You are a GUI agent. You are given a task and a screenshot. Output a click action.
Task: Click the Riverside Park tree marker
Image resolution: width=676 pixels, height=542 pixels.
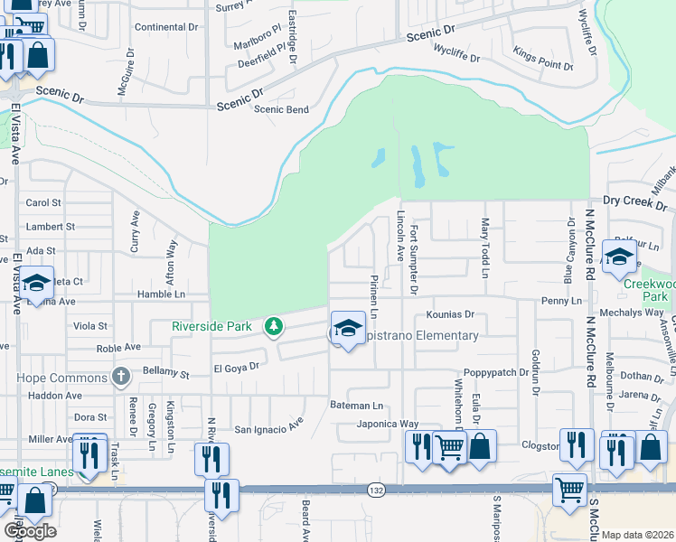271,326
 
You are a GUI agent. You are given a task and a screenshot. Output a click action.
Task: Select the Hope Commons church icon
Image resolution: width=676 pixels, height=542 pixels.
120,376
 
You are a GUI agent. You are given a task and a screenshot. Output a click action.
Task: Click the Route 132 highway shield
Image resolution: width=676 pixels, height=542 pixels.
376,489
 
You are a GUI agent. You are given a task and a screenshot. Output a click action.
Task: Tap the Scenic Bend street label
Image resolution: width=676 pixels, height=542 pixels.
281,109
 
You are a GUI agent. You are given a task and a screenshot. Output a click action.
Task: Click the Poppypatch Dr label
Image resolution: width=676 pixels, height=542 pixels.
495,373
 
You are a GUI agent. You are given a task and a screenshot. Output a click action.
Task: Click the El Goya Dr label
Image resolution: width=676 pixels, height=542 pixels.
236,368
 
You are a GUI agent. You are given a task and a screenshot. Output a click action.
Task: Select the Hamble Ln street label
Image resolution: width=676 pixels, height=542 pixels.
161,294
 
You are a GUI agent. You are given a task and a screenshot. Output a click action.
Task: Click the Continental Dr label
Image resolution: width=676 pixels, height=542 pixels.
165,27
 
